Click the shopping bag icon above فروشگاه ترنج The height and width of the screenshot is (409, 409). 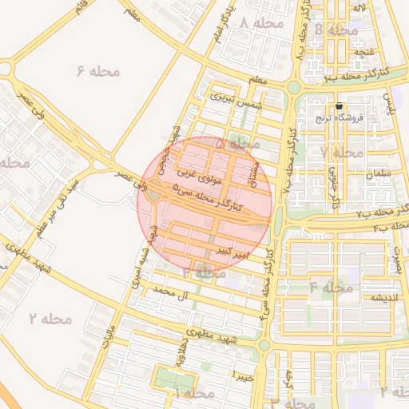(340, 106)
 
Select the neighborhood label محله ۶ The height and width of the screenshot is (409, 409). (98, 71)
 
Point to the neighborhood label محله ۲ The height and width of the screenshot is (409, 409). (51, 318)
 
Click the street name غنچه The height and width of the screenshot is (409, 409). (364, 51)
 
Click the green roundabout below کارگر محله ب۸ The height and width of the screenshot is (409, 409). (293, 88)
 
